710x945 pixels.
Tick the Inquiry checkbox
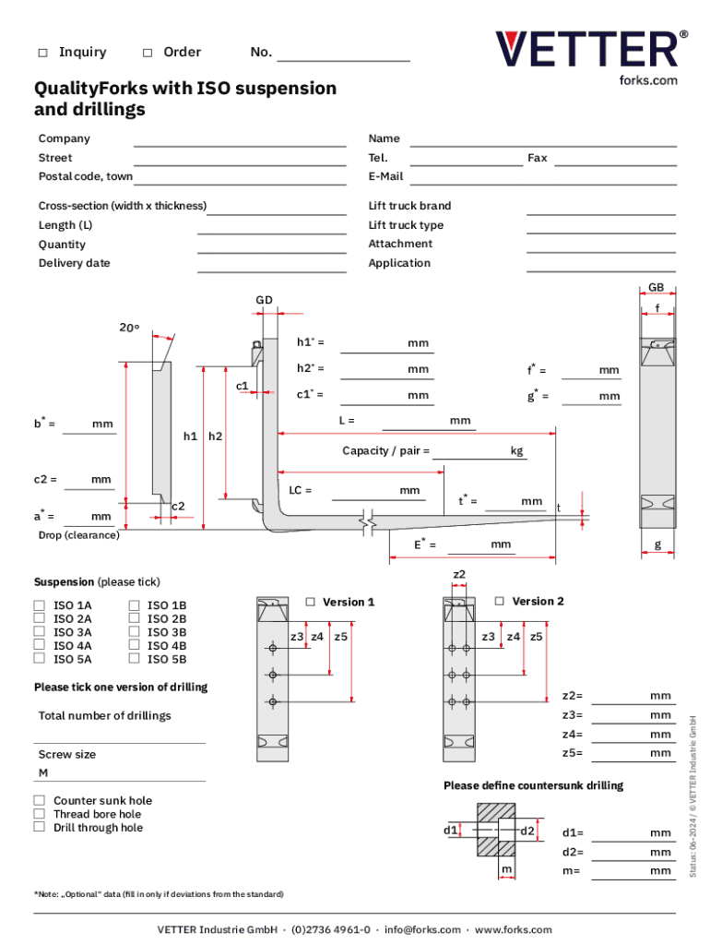pyautogui.click(x=42, y=53)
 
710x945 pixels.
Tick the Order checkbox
pyautogui.click(x=148, y=53)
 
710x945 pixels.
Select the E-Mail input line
pyautogui.click(x=543, y=181)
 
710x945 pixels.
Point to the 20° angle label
pyautogui.click(x=129, y=328)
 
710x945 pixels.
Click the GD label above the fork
pyautogui.click(x=264, y=300)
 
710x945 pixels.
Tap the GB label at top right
pyautogui.click(x=657, y=288)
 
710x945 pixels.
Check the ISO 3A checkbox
pyautogui.click(x=40, y=632)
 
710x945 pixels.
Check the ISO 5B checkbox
pyautogui.click(x=134, y=659)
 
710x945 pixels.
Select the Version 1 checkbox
pyautogui.click(x=311, y=602)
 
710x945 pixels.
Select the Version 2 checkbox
pyautogui.click(x=500, y=602)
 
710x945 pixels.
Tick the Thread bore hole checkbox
pyautogui.click(x=40, y=814)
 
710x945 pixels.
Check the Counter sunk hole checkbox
pyautogui.click(x=40, y=801)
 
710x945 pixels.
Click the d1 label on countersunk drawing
pyautogui.click(x=450, y=831)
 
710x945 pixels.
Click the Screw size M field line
pyautogui.click(x=120, y=780)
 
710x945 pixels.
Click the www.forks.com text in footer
pyautogui.click(x=513, y=930)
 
